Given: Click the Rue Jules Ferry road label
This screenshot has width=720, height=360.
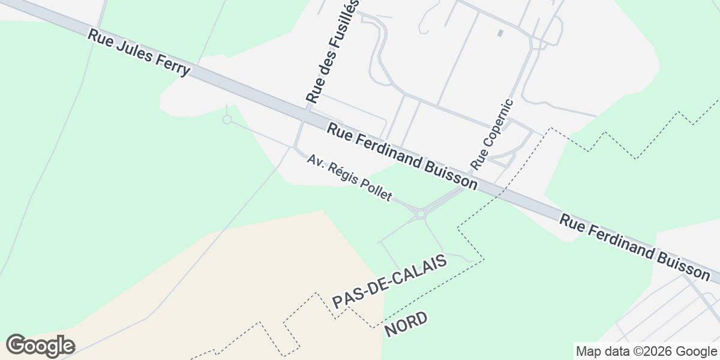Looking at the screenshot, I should [139, 53].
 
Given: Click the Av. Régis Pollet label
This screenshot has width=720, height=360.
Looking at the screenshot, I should [349, 178].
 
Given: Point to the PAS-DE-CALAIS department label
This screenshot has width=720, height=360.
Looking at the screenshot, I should [390, 281].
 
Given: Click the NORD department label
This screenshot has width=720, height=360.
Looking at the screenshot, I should [406, 324].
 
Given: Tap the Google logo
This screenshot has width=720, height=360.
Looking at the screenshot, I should [40, 346].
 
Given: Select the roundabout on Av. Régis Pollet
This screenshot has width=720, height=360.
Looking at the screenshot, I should [421, 213].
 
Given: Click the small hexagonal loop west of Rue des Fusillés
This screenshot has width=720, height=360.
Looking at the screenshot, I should [227, 119].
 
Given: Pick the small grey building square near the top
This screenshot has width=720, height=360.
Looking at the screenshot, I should [500, 32].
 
